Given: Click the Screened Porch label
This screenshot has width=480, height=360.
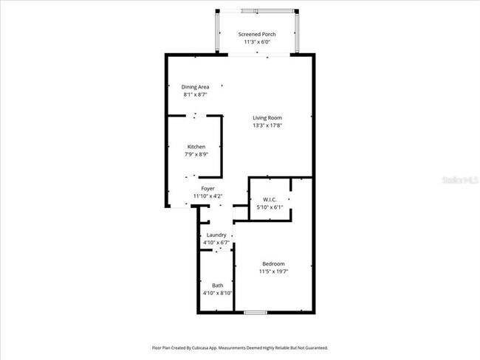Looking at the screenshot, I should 258,35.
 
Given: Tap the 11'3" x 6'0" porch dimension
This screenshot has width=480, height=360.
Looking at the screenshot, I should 258,42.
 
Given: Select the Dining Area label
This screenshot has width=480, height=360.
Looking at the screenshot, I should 195,87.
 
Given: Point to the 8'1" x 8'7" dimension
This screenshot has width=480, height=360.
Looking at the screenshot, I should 195,94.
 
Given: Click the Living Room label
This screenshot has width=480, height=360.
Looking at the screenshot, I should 267,118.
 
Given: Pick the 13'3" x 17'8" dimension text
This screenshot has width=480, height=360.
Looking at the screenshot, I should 267,125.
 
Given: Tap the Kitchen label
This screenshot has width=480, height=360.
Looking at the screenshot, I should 196,147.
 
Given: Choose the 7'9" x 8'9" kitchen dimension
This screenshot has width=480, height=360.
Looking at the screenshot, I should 196,154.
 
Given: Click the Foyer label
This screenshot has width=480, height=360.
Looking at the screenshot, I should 208,189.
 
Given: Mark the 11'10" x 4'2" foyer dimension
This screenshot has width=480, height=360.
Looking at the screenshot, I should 208,196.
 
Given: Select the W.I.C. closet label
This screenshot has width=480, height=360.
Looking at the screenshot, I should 269,200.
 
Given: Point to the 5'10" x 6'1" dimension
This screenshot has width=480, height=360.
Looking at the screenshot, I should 269,207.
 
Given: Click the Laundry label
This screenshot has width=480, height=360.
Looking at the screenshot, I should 216,235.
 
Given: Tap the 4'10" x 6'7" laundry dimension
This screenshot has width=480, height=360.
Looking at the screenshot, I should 216,243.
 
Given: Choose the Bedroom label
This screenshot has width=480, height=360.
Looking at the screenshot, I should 273,264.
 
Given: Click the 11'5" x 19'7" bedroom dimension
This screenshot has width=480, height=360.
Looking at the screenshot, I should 273,271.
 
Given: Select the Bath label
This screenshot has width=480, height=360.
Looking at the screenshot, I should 218,285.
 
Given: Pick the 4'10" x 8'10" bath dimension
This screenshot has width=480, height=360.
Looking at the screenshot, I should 218,293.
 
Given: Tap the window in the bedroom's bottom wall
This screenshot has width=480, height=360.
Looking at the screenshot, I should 256,313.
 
